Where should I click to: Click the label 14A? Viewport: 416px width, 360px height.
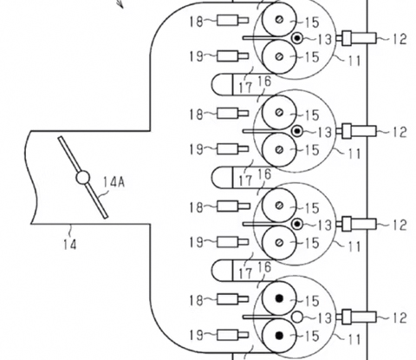click(x=114, y=182)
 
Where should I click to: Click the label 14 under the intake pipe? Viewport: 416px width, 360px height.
click(x=70, y=245)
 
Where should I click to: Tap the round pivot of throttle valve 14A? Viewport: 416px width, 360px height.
click(x=83, y=178)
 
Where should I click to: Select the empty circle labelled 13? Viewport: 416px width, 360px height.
click(x=297, y=317)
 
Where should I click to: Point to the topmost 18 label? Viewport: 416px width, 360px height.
click(x=196, y=21)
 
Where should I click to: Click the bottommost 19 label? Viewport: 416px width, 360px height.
click(x=196, y=336)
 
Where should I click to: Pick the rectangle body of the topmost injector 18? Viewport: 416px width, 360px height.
click(x=228, y=20)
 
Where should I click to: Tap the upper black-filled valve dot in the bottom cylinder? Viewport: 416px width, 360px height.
click(x=279, y=298)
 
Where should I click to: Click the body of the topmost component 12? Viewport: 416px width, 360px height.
click(x=363, y=38)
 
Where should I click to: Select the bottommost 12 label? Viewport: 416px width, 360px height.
click(x=400, y=317)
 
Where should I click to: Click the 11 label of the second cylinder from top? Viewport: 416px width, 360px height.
click(x=354, y=154)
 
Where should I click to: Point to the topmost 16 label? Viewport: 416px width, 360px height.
click(x=264, y=82)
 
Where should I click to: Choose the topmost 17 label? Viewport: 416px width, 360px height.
click(x=245, y=87)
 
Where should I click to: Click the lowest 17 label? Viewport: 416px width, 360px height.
click(x=245, y=273)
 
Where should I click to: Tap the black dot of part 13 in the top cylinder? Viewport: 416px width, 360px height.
click(x=297, y=38)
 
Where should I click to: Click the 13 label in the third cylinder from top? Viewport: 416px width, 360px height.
click(x=324, y=225)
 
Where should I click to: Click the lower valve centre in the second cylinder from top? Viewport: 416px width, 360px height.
click(x=279, y=149)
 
